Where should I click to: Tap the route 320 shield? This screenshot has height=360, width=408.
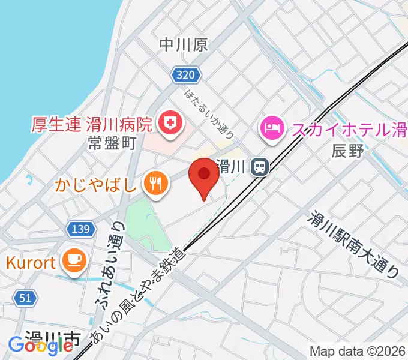[185, 75]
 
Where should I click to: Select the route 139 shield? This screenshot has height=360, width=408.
[79, 229]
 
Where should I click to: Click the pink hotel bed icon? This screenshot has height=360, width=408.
[271, 128]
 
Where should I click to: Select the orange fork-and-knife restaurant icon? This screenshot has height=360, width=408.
[156, 182]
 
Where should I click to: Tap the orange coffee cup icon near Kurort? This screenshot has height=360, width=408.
[74, 260]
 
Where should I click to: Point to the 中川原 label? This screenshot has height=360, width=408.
[184, 44]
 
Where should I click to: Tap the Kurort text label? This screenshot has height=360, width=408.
[31, 262]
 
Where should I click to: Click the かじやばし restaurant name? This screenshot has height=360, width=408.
[97, 183]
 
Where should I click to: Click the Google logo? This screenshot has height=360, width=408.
[40, 346]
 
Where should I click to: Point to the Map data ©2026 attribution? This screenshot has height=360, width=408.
[358, 351]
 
